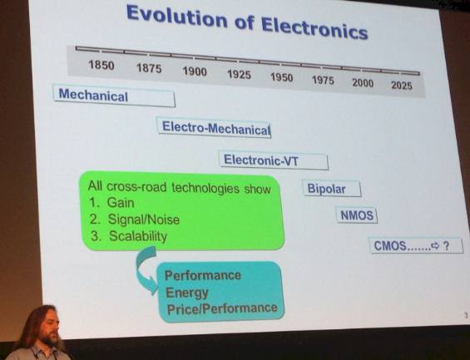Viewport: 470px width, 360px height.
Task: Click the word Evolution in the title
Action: tap(176, 17)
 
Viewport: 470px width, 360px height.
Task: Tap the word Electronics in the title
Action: tap(314, 28)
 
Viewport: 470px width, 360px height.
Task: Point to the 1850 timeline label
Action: tap(101, 65)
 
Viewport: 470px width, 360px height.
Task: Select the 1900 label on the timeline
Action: tap(195, 72)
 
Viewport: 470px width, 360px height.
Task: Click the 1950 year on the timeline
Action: tap(281, 77)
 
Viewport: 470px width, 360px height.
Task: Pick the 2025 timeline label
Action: tap(402, 86)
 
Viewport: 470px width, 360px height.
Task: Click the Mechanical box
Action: tap(114, 96)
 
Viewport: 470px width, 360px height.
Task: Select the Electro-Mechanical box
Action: tap(215, 128)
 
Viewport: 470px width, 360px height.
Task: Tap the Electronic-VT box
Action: tap(274, 161)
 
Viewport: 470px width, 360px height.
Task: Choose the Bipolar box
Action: tap(332, 189)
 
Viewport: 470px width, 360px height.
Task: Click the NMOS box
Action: tap(357, 215)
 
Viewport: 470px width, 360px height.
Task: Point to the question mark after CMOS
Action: tap(446, 246)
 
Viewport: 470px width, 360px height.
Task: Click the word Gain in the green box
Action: tap(121, 203)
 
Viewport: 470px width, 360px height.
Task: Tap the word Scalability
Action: tap(138, 236)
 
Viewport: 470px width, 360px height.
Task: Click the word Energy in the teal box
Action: tap(186, 293)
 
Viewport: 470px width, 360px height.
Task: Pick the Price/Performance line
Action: tap(222, 308)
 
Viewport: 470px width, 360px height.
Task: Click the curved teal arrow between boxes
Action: tap(141, 269)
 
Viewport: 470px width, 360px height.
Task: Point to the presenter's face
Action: tap(49, 328)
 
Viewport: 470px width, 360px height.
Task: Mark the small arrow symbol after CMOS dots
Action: tap(435, 246)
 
